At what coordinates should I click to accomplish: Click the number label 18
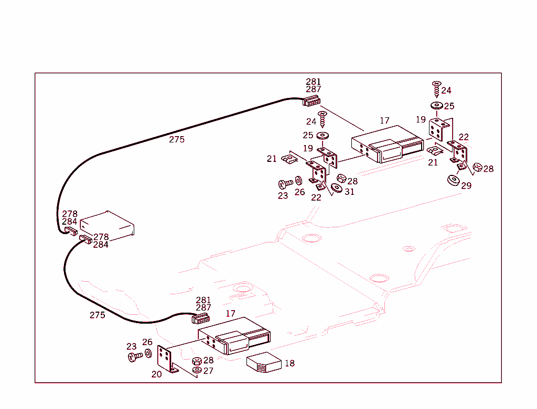click(289, 363)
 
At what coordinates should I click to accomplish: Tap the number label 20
click(156, 374)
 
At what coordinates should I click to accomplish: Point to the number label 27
click(208, 371)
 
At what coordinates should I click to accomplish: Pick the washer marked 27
click(197, 370)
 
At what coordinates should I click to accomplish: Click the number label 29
click(466, 185)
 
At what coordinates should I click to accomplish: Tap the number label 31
click(349, 192)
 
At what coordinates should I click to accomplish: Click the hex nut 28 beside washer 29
click(477, 168)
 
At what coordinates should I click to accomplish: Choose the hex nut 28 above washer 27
click(197, 361)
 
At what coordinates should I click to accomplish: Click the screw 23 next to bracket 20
click(134, 357)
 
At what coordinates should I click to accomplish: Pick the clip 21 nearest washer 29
click(434, 151)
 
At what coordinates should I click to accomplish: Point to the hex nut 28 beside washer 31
click(340, 178)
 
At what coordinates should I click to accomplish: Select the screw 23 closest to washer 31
click(285, 184)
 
